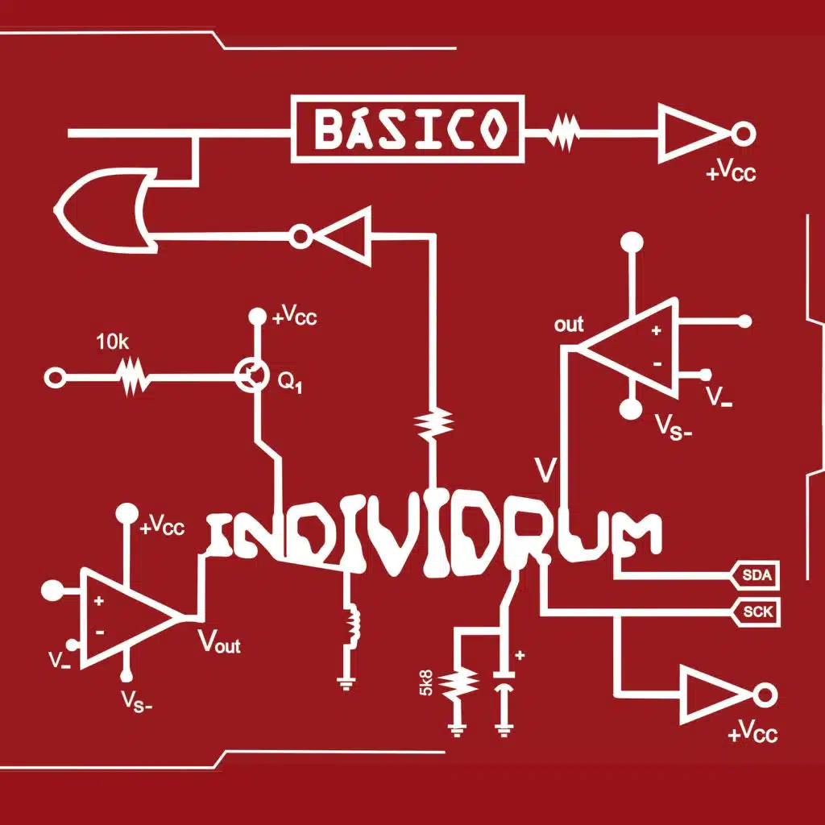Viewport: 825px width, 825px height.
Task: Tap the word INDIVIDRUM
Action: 435,536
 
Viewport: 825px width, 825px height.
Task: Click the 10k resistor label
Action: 112,342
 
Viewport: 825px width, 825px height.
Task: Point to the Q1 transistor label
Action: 291,383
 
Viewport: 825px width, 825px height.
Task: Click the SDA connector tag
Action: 756,574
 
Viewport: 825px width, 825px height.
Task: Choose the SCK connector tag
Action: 757,612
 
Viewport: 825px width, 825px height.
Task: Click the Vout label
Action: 220,642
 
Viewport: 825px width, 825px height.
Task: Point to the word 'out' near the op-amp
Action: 569,325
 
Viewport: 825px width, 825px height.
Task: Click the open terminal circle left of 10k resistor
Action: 56,377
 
